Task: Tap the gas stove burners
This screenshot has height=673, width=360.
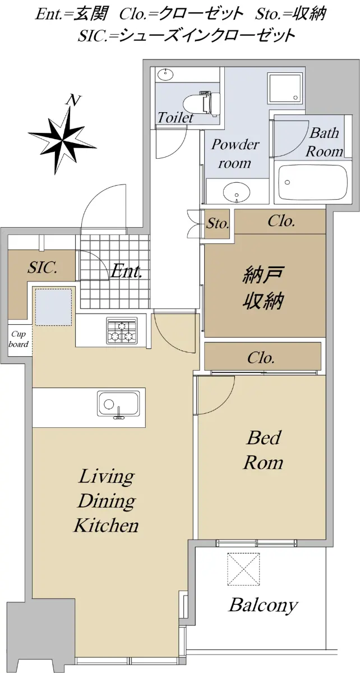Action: click(122, 330)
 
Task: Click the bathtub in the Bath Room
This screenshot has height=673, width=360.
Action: click(313, 182)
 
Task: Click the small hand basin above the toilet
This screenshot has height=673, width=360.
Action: click(165, 74)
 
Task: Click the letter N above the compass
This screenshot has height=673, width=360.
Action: click(73, 100)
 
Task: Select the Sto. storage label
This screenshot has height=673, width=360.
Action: click(218, 224)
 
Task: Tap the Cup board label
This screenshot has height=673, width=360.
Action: click(19, 339)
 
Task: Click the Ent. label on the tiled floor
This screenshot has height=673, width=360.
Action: click(126, 272)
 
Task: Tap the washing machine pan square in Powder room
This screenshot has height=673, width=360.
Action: click(284, 88)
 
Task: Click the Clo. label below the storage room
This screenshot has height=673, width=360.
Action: click(261, 358)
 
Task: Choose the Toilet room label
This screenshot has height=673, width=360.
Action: click(176, 117)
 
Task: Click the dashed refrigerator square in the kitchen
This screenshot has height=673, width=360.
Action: click(54, 307)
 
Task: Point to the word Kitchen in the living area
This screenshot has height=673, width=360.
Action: click(107, 525)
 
